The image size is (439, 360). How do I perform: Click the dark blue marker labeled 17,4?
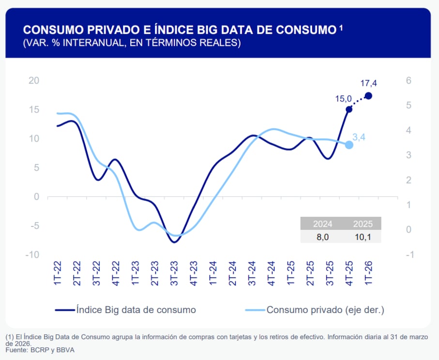pyautogui.click(x=368, y=96)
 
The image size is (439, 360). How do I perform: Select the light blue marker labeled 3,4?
pyautogui.click(x=349, y=145)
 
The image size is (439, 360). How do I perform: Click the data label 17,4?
pyautogui.click(x=369, y=84)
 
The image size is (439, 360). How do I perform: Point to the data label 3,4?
pyautogui.click(x=359, y=137)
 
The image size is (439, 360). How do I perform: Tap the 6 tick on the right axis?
pyautogui.click(x=408, y=80)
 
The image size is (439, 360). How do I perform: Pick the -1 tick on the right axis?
pyautogui.click(x=409, y=255)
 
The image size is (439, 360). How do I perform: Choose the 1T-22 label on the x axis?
pyautogui.click(x=58, y=273)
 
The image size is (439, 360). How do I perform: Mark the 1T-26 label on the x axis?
pyautogui.click(x=368, y=273)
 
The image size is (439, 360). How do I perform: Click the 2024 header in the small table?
pyautogui.click(x=322, y=224)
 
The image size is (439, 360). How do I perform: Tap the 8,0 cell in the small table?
pyautogui.click(x=322, y=237)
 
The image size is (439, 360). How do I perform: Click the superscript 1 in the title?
pyautogui.click(x=341, y=28)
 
